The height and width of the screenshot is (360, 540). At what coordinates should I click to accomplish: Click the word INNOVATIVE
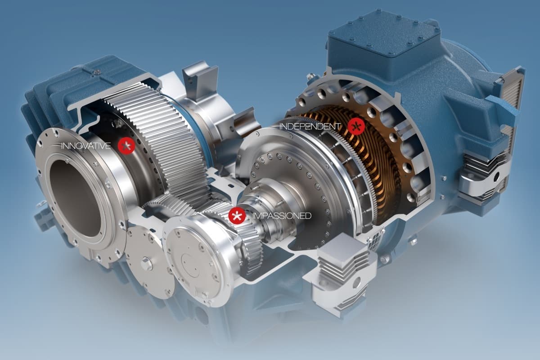[x=86, y=146]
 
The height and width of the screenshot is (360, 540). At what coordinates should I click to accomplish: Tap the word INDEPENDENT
[x=310, y=126]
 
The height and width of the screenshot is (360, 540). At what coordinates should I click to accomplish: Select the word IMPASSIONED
[x=282, y=216]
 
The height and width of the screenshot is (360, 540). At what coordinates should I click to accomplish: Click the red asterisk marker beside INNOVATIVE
[x=126, y=146]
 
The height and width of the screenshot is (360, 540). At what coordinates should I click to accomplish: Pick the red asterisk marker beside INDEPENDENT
[x=356, y=126]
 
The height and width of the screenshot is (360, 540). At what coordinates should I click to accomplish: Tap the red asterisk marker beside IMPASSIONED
[x=237, y=216]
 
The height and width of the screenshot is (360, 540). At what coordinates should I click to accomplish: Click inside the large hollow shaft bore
[x=75, y=198]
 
